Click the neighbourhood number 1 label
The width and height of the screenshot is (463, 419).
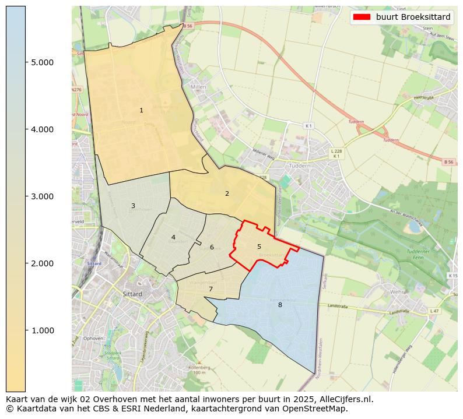pos(141,110)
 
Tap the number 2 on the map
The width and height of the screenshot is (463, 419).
pos(227,193)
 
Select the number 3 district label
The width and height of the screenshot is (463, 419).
pos(133,206)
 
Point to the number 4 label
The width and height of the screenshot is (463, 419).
pos(173,237)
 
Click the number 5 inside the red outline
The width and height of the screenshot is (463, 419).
pos(259,247)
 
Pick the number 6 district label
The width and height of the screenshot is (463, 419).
pos(212,247)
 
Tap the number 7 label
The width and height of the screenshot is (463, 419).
pos(211,289)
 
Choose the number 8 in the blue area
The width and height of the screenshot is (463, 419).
pos(280,305)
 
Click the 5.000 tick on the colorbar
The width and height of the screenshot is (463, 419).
pos(42,62)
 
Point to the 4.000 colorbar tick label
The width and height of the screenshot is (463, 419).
pos(42,129)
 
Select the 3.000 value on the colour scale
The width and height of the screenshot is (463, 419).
pos(42,196)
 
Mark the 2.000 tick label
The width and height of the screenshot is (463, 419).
pos(42,263)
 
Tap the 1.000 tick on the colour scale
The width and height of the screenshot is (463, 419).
pos(42,330)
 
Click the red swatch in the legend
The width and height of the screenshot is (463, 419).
pos(362,17)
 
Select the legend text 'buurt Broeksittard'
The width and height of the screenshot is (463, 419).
pos(413,17)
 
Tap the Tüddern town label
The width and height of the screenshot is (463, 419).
pos(300,166)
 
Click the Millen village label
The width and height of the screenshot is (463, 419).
pos(199,87)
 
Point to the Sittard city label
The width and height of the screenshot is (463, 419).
pos(132,294)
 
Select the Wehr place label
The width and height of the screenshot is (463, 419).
pos(397,291)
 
